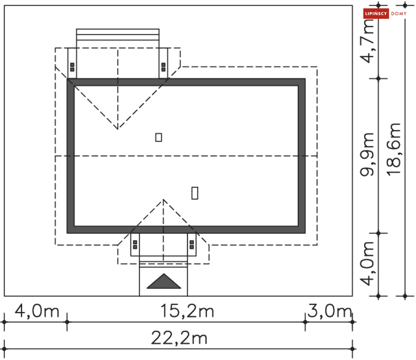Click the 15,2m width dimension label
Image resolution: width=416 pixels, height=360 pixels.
tap(187, 311)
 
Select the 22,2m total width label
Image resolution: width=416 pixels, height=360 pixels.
tap(179, 338)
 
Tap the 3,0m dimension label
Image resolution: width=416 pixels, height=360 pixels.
tap(329, 310)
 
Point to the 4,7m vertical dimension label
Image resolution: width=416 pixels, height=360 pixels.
tap(367, 41)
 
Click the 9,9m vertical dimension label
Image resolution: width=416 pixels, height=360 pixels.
tap(367, 155)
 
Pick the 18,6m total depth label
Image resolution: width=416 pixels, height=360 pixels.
tap(393, 149)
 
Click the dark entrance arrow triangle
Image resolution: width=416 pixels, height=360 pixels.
tap(164, 281)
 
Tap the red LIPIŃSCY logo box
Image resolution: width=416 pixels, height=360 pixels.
tap(376, 13)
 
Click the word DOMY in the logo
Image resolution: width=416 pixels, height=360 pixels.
tap(399, 13)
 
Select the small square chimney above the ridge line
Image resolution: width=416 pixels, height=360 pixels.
tap(158, 137)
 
